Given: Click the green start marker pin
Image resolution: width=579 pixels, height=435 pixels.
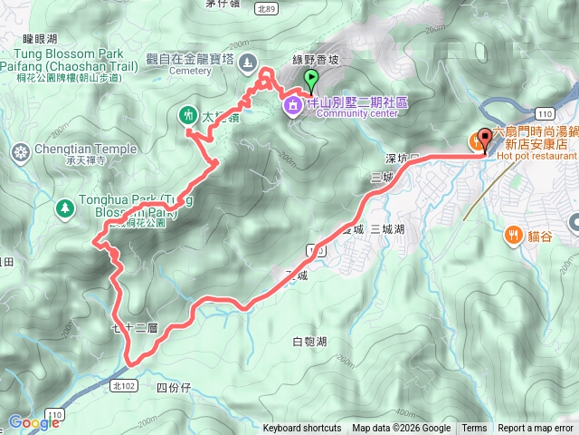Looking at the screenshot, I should (311, 80).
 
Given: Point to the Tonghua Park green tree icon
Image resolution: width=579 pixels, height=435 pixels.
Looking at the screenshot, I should (65, 208).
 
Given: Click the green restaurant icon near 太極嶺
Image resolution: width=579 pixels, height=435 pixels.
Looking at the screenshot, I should (188, 115).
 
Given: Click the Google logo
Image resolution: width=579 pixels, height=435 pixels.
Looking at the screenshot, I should (33, 422).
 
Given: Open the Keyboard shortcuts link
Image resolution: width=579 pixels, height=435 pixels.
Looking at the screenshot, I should (302, 429).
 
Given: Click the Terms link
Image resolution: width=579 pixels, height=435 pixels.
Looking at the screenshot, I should (474, 429).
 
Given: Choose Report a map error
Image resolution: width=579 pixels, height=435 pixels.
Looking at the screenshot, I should (536, 429).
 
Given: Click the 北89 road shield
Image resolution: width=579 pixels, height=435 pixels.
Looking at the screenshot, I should (266, 8).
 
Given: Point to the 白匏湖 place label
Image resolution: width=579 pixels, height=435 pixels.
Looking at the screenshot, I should (309, 342).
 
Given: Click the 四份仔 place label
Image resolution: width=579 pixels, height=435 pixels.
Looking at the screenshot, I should (175, 388).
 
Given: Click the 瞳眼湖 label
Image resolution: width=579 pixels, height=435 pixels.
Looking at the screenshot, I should (40, 40).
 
